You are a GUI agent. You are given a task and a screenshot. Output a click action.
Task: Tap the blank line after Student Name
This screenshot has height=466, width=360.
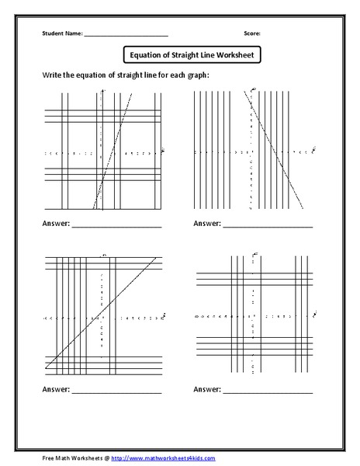[x=126, y=36]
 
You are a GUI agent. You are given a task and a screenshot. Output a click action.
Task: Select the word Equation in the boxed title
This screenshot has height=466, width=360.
[x=149, y=56]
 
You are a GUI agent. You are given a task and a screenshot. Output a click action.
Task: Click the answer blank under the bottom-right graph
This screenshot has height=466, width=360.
[x=268, y=388]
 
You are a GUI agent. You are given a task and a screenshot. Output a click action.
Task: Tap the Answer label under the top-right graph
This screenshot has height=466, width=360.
[x=207, y=225]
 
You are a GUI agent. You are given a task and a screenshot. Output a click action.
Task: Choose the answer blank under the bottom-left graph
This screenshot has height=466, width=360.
[x=116, y=388]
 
